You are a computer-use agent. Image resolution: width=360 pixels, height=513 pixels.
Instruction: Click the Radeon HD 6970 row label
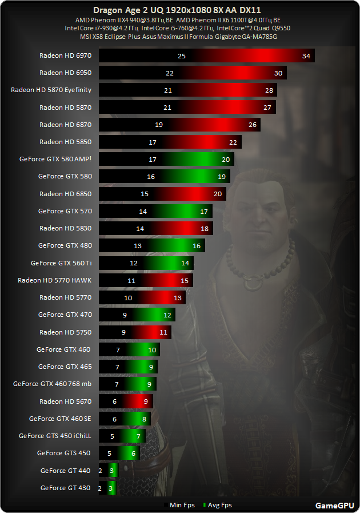tap(65, 55)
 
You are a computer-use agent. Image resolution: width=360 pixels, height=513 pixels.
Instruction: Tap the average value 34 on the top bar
tap(306, 56)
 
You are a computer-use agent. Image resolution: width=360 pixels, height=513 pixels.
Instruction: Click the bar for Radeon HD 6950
tap(193, 73)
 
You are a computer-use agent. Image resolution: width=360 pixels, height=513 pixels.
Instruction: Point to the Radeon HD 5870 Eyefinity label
tap(51, 90)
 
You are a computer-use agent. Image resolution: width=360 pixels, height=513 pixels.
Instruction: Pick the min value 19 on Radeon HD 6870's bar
tap(159, 125)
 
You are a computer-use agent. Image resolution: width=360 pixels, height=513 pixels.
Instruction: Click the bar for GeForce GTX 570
tap(155, 211)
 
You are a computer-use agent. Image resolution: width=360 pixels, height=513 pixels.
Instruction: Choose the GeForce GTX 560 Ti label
tap(61, 263)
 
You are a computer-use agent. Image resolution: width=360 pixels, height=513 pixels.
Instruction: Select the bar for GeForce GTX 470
tap(137, 315)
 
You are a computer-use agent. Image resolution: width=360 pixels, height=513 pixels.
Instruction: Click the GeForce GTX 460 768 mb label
tap(52, 384)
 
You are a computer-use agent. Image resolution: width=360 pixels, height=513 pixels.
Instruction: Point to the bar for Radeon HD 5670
tap(126, 401)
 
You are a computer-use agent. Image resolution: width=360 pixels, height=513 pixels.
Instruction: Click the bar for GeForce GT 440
tap(108, 471)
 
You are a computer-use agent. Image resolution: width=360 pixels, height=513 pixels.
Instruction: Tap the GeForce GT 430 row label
tap(65, 488)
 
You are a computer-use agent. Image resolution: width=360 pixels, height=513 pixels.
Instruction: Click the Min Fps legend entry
tap(181, 505)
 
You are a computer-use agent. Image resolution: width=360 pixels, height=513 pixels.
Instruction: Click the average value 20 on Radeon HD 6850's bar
tap(217, 194)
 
